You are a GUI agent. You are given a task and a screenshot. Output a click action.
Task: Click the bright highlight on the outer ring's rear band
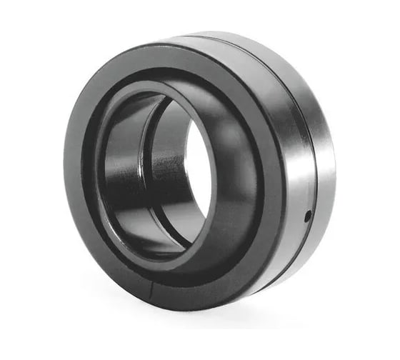pos(326,143)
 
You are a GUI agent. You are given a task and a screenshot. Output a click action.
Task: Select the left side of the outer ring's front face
pos(76,171)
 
